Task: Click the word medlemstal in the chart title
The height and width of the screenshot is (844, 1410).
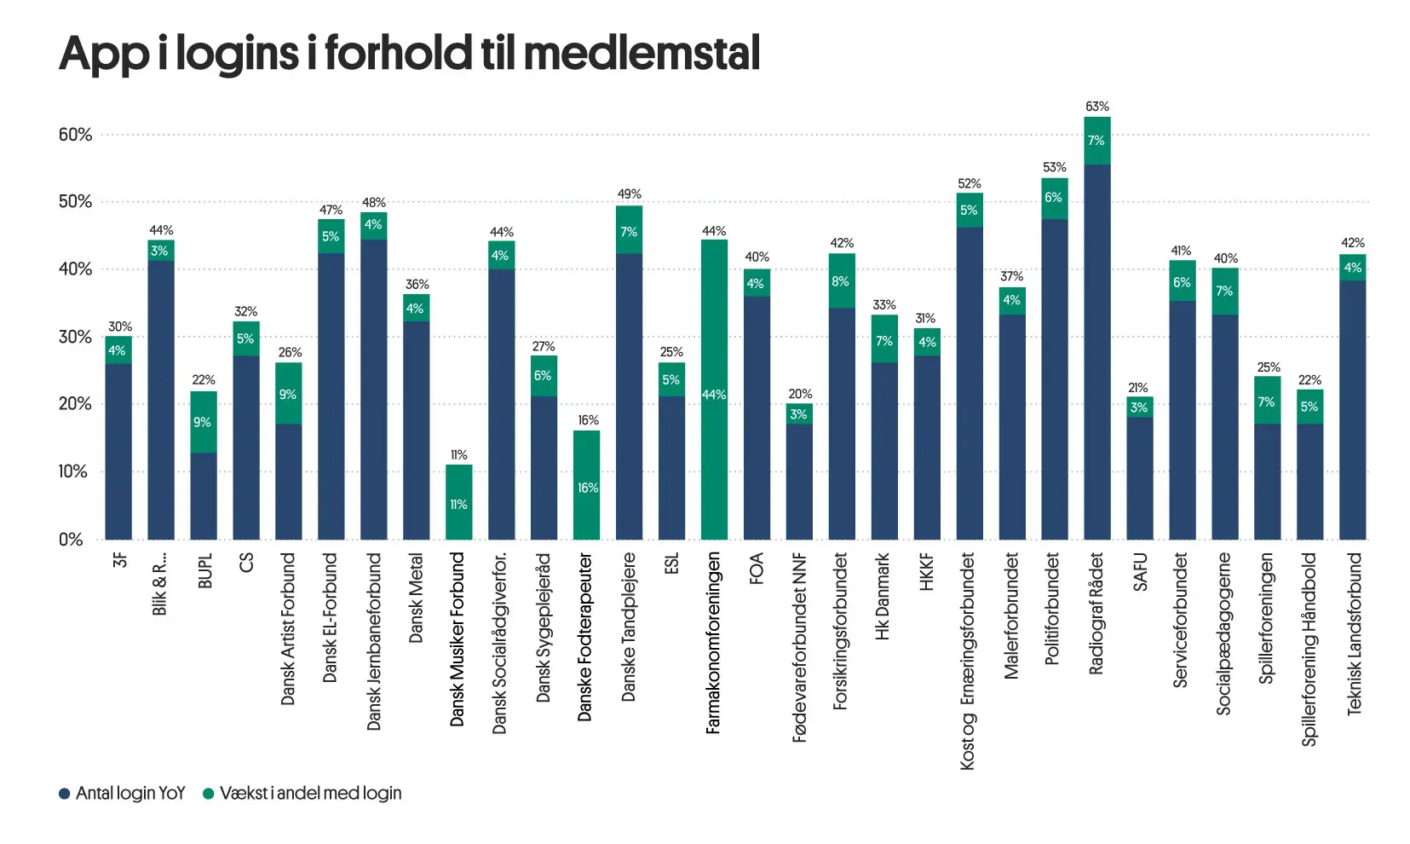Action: pos(641,53)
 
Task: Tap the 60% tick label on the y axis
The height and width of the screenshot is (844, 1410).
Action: pos(75,135)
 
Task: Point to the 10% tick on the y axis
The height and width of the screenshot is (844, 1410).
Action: pos(73,471)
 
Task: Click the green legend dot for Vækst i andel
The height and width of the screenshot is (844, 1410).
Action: pos(208,794)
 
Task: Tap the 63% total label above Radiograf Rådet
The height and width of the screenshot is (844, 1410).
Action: pos(1097,107)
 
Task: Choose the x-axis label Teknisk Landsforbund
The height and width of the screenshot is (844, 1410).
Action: pos(1354,634)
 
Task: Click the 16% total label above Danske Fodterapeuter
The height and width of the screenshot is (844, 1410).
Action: pos(588,420)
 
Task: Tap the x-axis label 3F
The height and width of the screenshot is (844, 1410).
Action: pos(119,560)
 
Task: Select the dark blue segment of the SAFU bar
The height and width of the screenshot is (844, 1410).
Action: pos(1140,478)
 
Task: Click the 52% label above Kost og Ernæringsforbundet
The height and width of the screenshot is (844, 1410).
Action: pos(969,184)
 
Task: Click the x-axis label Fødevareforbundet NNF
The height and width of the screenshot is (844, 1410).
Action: pos(799,648)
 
